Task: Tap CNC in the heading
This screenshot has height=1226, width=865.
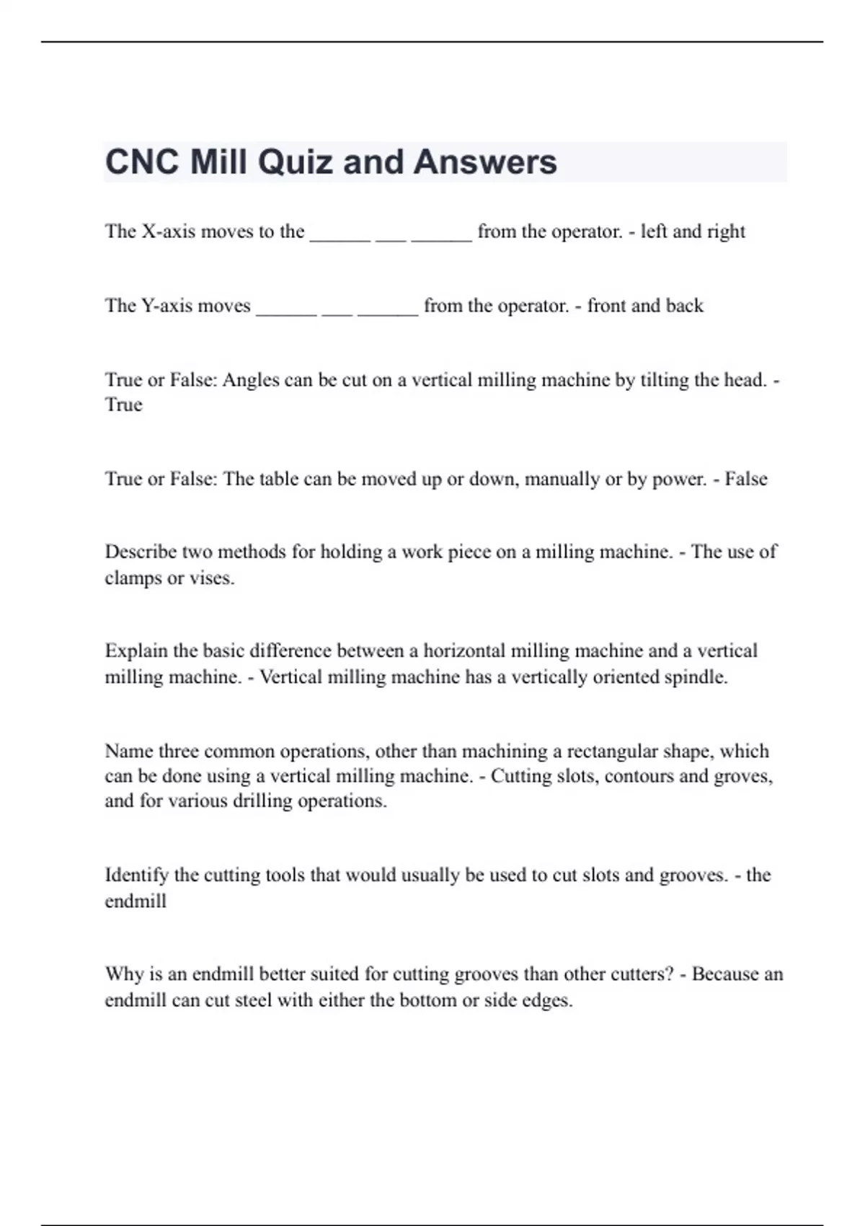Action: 142,162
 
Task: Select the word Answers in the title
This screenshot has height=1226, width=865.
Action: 485,162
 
